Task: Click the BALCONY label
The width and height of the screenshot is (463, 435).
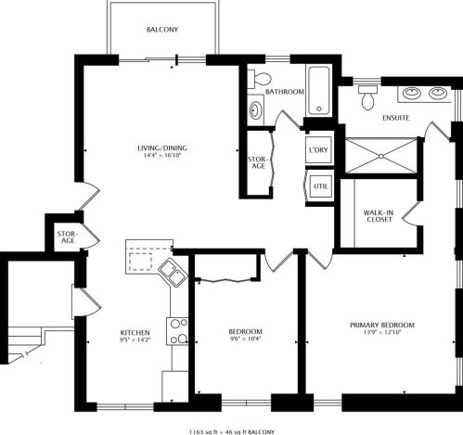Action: [x=162, y=30]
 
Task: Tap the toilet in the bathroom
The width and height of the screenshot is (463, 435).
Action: [x=260, y=79]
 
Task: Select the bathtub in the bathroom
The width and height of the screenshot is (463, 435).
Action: [x=319, y=91]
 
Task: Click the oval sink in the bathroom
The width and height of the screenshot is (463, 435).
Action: [x=256, y=110]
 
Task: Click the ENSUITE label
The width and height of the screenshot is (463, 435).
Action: [x=396, y=118]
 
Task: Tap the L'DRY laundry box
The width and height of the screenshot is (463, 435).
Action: [x=319, y=150]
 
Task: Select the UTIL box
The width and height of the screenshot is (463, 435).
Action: [x=321, y=186]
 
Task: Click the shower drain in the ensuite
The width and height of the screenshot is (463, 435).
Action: [x=381, y=157]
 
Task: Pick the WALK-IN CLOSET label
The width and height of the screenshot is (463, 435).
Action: [x=379, y=216]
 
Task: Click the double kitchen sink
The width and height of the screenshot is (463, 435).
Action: [x=173, y=272]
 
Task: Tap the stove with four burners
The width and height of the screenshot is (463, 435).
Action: [x=177, y=331]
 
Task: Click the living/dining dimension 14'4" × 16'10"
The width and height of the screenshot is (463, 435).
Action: [x=161, y=155]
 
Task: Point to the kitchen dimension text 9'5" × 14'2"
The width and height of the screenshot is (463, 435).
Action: [x=135, y=339]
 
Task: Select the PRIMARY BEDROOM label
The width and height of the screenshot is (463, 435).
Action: [x=382, y=326]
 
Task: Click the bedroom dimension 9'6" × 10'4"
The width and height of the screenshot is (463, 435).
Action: [x=245, y=339]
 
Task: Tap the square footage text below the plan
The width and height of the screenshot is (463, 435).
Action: [x=232, y=431]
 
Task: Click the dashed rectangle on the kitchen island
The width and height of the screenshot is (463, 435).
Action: [x=140, y=262]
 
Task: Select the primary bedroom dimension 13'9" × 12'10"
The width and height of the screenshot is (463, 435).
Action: [x=382, y=333]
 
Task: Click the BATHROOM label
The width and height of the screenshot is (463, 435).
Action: [x=285, y=92]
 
